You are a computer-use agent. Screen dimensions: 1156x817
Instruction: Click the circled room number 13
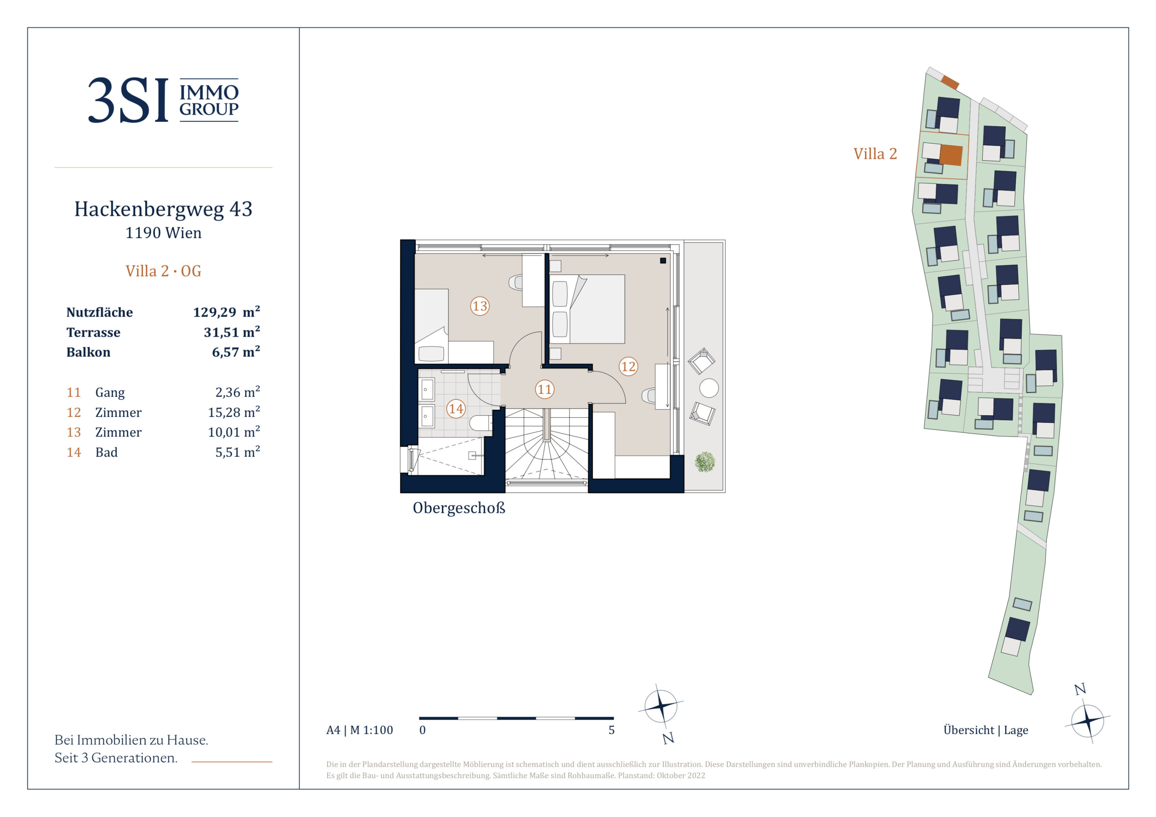click(479, 306)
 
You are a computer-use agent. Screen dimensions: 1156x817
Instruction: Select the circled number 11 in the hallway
click(544, 389)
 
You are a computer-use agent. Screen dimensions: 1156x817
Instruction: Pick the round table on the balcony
click(709, 388)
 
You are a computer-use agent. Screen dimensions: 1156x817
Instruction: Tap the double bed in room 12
click(587, 309)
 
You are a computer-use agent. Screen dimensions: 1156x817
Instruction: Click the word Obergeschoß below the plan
click(459, 508)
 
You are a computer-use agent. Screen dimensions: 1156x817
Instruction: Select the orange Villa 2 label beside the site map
click(875, 154)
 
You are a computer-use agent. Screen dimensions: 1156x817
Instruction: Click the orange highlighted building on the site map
click(951, 155)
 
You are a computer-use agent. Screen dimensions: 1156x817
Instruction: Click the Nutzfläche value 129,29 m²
click(227, 312)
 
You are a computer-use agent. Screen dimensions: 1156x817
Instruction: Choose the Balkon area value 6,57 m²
click(236, 352)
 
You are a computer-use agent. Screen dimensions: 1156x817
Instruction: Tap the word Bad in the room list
click(106, 452)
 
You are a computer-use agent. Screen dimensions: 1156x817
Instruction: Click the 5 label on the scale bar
click(611, 730)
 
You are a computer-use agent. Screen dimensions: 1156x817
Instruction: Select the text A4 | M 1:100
click(359, 730)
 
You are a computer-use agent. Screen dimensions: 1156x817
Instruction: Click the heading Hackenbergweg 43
click(163, 209)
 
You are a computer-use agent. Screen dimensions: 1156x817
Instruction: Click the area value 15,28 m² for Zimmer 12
click(234, 412)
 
